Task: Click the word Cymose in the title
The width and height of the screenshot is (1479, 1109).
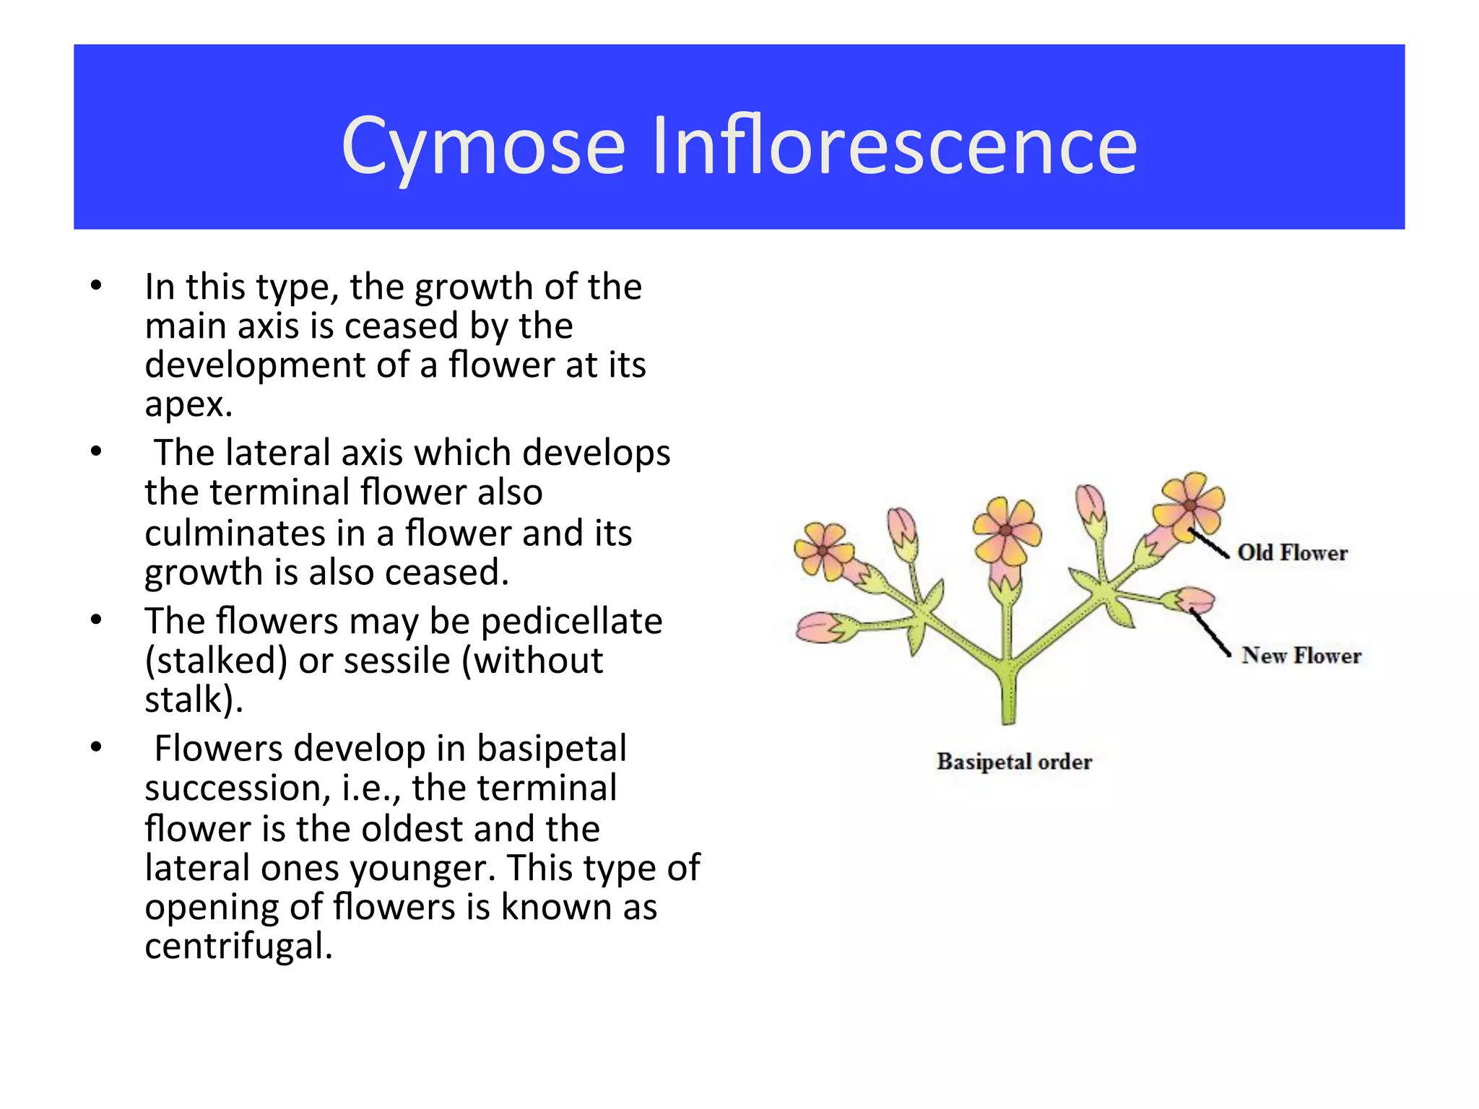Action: click(483, 147)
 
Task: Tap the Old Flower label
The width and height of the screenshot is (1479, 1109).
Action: click(1292, 553)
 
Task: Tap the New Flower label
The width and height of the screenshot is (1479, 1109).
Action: click(1301, 656)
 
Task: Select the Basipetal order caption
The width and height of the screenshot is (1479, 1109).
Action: click(1014, 762)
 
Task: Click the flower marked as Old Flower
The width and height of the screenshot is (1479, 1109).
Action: click(1189, 505)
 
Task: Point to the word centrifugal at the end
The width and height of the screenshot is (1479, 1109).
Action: click(238, 946)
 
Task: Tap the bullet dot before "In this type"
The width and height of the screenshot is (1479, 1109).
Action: click(96, 286)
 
